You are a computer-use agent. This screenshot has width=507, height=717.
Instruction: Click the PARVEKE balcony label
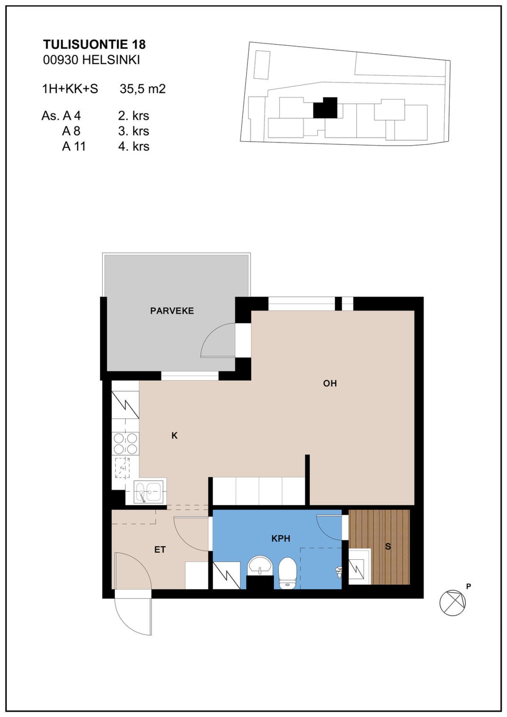[172, 311]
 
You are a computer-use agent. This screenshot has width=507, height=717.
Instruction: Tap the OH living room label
[330, 383]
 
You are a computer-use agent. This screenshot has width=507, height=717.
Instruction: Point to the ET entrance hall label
[160, 549]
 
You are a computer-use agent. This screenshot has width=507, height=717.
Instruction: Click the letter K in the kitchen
[174, 436]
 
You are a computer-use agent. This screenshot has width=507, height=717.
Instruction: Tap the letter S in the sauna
[388, 547]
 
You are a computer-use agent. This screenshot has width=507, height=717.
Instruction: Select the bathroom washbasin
[260, 566]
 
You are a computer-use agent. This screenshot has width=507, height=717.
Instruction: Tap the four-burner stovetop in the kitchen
[125, 444]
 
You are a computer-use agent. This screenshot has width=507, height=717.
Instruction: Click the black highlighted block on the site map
[325, 108]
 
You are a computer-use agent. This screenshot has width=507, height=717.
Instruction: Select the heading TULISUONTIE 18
[94, 44]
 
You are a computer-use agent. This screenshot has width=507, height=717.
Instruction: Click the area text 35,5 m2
[143, 89]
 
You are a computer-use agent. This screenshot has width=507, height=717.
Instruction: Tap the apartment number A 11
[74, 146]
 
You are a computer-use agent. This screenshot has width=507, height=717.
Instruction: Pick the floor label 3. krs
[134, 131]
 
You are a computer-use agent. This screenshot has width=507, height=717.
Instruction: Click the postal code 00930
[61, 60]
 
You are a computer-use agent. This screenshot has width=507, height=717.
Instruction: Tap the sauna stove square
[356, 569]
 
